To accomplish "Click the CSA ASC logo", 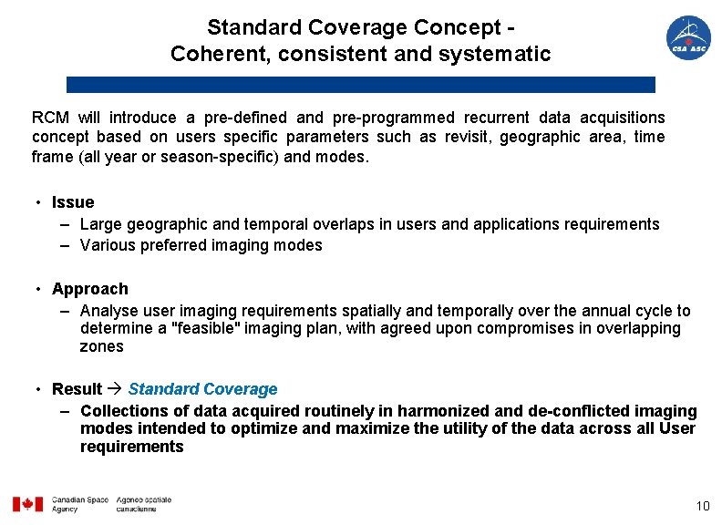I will [x=688, y=38].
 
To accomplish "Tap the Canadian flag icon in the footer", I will [x=27, y=504].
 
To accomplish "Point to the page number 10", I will [x=702, y=506].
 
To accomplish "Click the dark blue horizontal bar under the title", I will [x=360, y=85].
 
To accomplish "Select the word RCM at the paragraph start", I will [x=51, y=118].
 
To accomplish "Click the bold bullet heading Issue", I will [x=73, y=202].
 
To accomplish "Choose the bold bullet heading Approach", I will [x=90, y=289].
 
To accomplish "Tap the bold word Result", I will [x=77, y=389].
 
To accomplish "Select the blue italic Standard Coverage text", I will [x=202, y=389].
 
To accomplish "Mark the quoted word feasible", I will [x=206, y=328].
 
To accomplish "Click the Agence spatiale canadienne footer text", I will [x=143, y=504].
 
